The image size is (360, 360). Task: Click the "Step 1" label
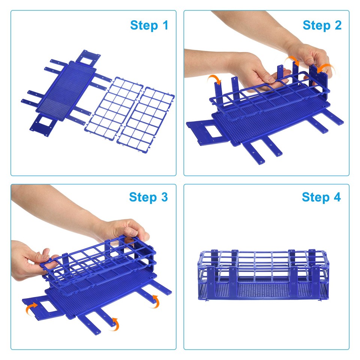[x=149, y=25]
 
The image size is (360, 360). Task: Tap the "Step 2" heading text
[x=322, y=25]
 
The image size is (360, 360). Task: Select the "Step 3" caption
[x=148, y=197]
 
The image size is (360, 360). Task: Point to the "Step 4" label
[x=321, y=197]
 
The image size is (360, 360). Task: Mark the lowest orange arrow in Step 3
[x=115, y=323]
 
